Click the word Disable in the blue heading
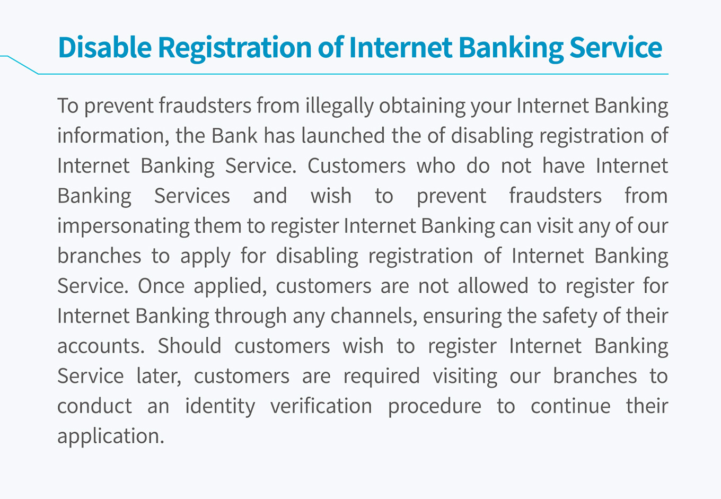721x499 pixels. click(x=104, y=47)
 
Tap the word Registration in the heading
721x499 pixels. click(x=235, y=49)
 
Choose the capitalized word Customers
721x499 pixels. click(x=356, y=165)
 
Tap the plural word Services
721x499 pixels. click(x=192, y=196)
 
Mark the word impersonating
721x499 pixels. click(x=124, y=227)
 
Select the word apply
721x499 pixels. click(x=205, y=257)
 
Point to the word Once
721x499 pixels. click(x=161, y=285)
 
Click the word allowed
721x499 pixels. click(x=493, y=285)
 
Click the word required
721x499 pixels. click(x=381, y=377)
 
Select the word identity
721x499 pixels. click(x=220, y=407)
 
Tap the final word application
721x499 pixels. click(x=111, y=437)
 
